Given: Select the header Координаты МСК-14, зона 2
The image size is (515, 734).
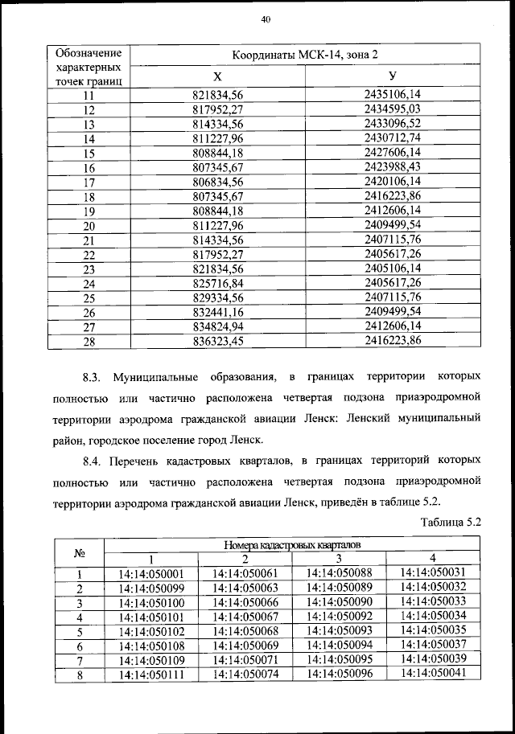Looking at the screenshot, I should (x=304, y=55).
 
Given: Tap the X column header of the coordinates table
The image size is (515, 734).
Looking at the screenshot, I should (x=217, y=76).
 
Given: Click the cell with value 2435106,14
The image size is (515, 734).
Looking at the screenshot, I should (x=392, y=94).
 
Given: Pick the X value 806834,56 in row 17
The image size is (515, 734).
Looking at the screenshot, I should (x=217, y=182).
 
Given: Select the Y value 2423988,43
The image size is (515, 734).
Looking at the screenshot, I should (x=392, y=167).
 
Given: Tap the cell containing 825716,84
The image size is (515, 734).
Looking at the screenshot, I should (x=217, y=284).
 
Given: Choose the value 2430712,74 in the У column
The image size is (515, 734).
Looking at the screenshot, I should (x=392, y=138).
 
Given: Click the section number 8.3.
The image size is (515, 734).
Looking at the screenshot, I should (x=93, y=376).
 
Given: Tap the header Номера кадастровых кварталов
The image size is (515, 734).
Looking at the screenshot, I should (x=291, y=545).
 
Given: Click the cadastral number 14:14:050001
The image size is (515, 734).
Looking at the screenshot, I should (x=151, y=574).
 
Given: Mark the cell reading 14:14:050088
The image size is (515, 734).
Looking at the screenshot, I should (x=339, y=573).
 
